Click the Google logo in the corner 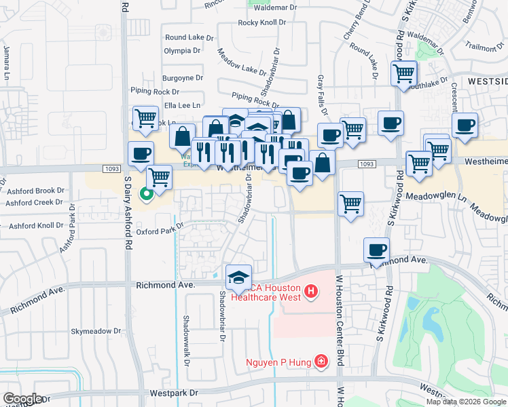pyautogui.click(x=22, y=399)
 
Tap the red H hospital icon pyautogui.click(x=311, y=292)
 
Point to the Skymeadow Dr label pyautogui.click(x=96, y=332)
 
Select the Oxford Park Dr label pyautogui.click(x=159, y=231)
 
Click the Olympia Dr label pyautogui.click(x=182, y=50)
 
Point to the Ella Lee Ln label pyautogui.click(x=182, y=105)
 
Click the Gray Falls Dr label pyautogui.click(x=323, y=95)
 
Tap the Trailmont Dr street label pyautogui.click(x=483, y=47)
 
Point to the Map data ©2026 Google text pyautogui.click(x=466, y=401)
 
